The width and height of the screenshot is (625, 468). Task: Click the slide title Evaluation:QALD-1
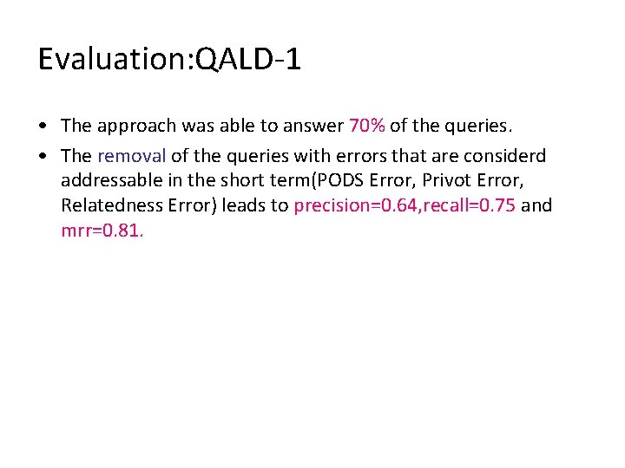click(169, 60)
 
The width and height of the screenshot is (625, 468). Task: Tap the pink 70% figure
click(366, 126)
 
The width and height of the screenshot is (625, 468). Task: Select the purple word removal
click(131, 156)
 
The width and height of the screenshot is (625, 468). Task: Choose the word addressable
click(109, 181)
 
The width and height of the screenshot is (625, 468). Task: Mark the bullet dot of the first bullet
click(43, 127)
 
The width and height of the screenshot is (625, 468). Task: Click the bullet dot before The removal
click(43, 157)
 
